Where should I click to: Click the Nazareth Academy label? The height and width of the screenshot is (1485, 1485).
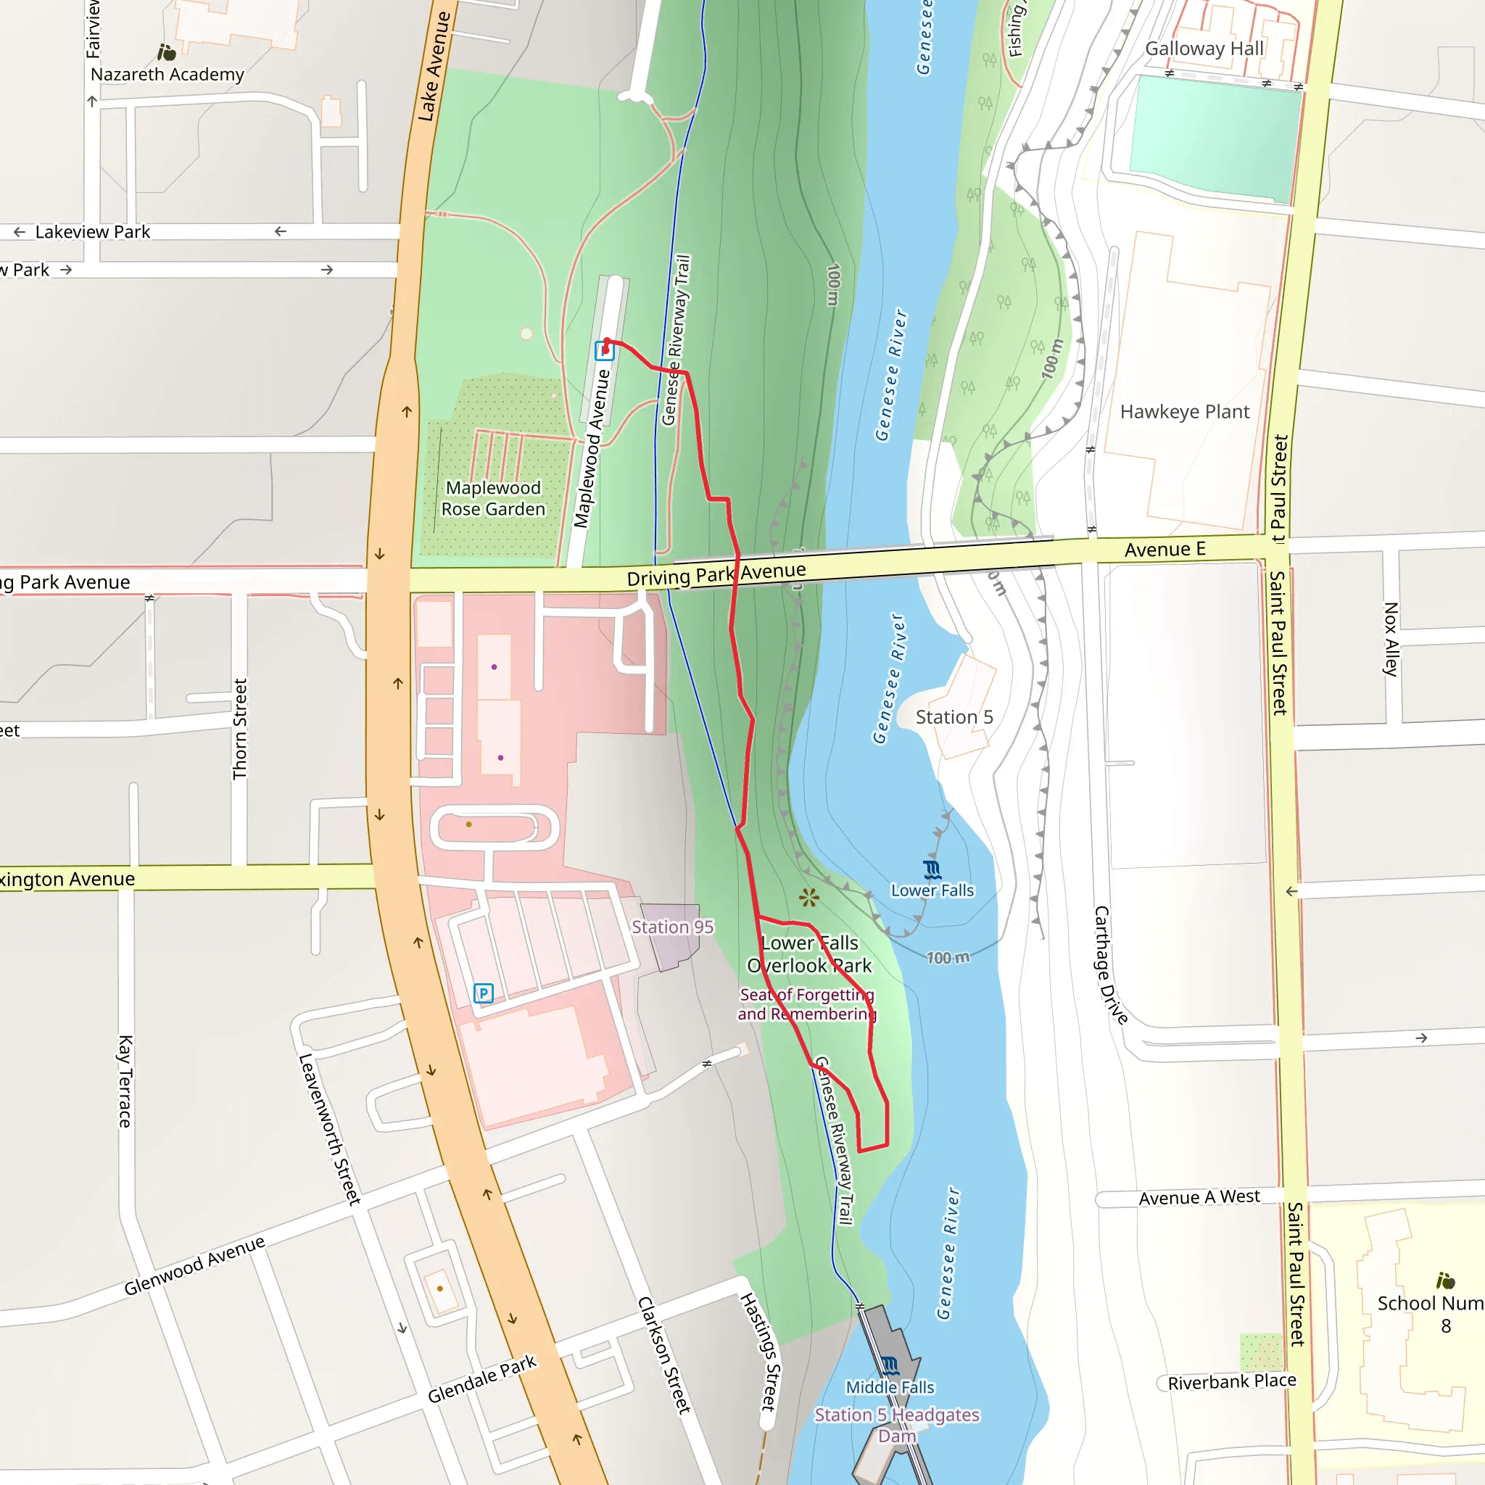(x=167, y=75)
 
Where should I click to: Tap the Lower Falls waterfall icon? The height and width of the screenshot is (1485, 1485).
(x=932, y=870)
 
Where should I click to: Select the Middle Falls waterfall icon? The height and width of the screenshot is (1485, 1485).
(x=890, y=1366)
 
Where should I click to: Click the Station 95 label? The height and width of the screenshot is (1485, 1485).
(x=673, y=927)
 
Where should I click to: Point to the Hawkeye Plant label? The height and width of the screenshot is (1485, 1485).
(x=1185, y=412)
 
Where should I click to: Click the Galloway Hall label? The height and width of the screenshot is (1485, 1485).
(x=1204, y=49)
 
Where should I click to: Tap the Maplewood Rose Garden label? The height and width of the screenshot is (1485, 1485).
(x=494, y=498)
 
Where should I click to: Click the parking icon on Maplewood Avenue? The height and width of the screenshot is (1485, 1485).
(x=605, y=351)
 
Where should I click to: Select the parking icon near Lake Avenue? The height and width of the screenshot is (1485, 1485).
(x=484, y=993)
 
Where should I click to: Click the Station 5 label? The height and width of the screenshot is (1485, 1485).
(x=954, y=717)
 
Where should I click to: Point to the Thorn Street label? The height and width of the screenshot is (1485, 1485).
(x=240, y=729)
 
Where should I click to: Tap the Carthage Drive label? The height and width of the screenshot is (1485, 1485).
(x=1110, y=964)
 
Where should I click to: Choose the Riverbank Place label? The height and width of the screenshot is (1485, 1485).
(x=1231, y=1381)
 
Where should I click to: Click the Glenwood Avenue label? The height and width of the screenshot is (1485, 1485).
(x=194, y=1265)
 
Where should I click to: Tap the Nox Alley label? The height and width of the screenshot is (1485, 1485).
(x=1391, y=639)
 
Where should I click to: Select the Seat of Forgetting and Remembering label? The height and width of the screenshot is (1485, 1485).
(x=807, y=1004)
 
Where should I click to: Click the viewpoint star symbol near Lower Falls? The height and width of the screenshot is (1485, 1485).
(x=808, y=897)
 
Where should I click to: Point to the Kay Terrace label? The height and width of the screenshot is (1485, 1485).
(x=125, y=1081)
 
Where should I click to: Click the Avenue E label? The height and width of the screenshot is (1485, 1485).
(x=1165, y=550)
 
